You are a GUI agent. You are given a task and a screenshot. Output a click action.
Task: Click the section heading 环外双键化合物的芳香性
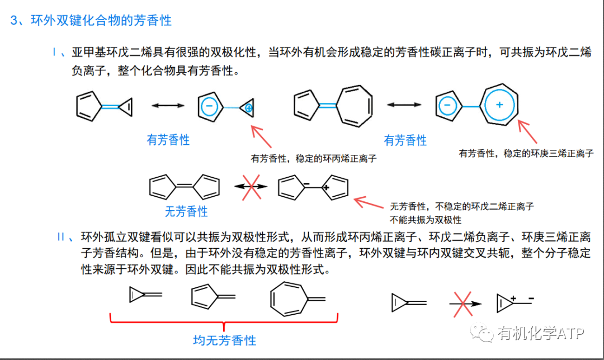101,21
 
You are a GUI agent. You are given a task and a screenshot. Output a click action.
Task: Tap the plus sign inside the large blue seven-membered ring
500,105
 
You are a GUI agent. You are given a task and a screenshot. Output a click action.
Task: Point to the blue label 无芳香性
186,212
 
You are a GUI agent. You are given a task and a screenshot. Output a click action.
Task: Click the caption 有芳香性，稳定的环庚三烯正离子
526,153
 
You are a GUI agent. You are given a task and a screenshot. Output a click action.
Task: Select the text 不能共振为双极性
426,219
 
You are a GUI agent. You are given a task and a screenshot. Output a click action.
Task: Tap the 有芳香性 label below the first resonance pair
168,140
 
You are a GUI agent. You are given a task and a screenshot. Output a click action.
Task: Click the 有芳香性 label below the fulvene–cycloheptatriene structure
405,140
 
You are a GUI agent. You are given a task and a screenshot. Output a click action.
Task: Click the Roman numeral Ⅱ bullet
62,236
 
